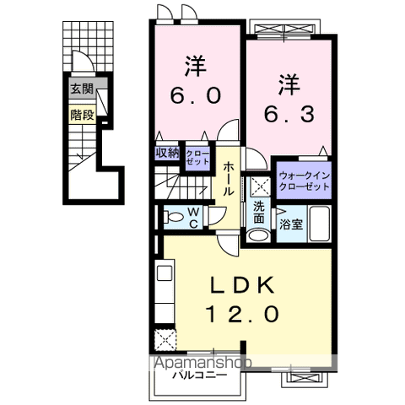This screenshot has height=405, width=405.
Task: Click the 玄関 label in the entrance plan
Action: click(x=81, y=88)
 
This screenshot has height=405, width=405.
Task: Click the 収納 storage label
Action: click(x=167, y=152)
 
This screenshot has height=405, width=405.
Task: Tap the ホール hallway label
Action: click(x=229, y=178)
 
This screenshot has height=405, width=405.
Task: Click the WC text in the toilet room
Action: click(x=192, y=216)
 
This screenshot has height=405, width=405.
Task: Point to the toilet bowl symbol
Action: click(x=174, y=217)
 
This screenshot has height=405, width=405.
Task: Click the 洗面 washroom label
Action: click(x=258, y=213)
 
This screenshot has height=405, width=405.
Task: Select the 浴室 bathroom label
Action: click(x=289, y=224)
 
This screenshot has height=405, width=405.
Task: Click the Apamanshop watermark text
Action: click(x=202, y=362)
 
